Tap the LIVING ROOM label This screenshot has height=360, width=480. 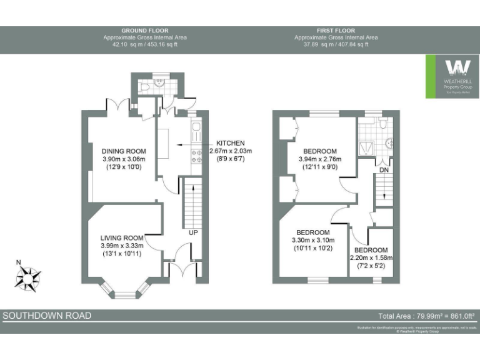[123, 237]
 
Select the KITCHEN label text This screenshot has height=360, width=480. [230, 143]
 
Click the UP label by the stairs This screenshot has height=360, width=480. [194, 233]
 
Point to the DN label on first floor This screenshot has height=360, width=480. [384, 169]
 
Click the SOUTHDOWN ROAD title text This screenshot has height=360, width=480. [47, 316]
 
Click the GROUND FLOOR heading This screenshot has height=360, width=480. [144, 30]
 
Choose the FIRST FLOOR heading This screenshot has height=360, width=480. [336, 30]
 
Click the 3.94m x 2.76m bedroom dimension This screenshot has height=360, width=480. [319, 159]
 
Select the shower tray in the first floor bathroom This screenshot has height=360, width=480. [366, 147]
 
